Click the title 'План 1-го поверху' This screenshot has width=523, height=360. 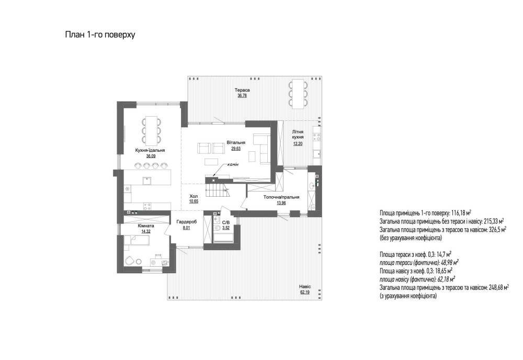click(x=100, y=35)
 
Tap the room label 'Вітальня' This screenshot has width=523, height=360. click(x=236, y=142)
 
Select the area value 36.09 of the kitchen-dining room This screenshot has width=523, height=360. click(x=151, y=156)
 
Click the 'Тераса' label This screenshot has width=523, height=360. click(x=242, y=90)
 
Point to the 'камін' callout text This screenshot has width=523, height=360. click(x=233, y=164)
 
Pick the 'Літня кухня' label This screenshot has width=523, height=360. click(x=298, y=134)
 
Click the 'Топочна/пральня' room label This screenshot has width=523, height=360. click(x=281, y=197)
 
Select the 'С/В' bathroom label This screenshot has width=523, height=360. click(x=226, y=222)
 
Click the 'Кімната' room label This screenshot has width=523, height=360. click(x=146, y=226)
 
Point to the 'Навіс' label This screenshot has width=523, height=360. click(x=305, y=287)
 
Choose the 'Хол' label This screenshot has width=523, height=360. click(x=194, y=197)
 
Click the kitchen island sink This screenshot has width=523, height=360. click(x=146, y=181)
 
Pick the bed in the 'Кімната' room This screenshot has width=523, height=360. click(x=138, y=240)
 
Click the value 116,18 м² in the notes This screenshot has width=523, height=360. click(x=459, y=213)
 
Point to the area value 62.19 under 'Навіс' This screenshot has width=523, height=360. click(x=305, y=292)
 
